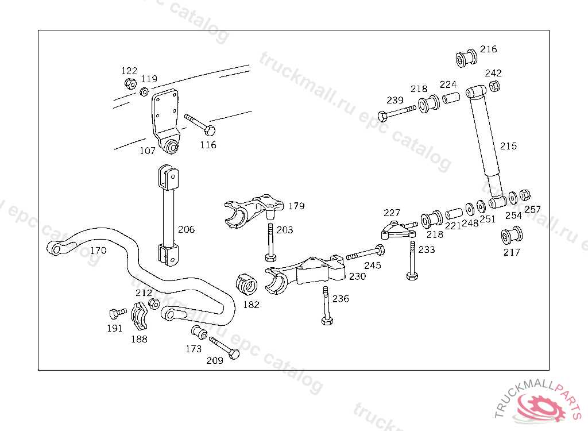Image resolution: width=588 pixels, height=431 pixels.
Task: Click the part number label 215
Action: click(x=508, y=146)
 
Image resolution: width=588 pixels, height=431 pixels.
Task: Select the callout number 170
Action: click(x=98, y=251)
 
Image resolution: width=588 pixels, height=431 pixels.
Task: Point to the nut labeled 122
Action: click(x=130, y=84)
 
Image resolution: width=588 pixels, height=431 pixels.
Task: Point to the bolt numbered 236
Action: click(x=326, y=305)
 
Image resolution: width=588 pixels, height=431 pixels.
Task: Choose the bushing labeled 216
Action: click(x=466, y=58)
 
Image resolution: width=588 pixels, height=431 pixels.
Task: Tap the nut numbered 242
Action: click(x=494, y=86)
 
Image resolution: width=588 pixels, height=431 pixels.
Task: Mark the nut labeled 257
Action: click(x=524, y=195)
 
